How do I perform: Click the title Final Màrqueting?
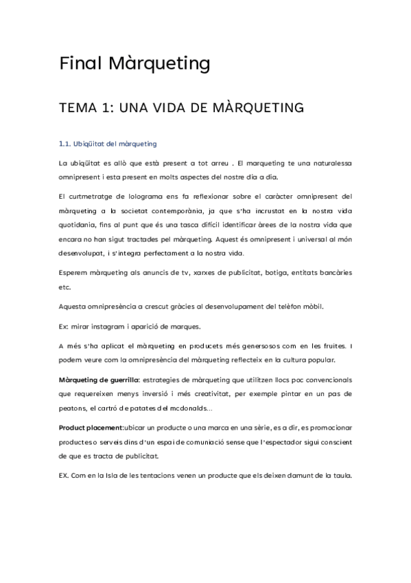click(x=134, y=64)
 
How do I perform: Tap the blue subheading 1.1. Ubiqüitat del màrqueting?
click(x=108, y=144)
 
